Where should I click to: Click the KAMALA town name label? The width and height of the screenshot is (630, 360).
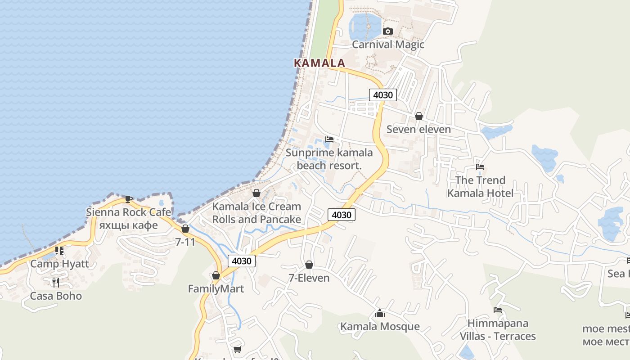pos(319,63)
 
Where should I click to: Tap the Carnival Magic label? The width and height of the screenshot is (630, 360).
pos(388,45)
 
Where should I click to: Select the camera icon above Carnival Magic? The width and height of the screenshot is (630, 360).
pos(387,31)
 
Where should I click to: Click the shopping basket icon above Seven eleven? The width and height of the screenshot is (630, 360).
pos(419,116)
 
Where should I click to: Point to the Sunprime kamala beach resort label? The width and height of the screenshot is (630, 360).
pos(329,159)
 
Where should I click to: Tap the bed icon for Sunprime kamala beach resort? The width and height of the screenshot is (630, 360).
pos(329,139)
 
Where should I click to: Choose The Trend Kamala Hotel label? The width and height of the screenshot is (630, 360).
pos(480,187)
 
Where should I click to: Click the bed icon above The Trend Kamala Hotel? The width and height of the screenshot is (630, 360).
pos(480,167)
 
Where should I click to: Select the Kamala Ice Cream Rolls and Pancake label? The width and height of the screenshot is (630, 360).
pos(256,213)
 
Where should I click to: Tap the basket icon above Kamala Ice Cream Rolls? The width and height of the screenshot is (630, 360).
pos(256,193)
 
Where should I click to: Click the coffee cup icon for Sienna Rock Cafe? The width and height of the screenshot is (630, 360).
pos(128,198)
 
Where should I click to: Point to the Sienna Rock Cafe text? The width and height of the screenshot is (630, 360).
pos(129,212)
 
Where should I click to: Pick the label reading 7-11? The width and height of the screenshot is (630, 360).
pos(185,242)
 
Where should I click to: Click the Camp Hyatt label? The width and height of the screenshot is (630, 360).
pos(59,264)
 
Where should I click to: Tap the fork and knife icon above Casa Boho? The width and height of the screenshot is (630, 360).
pos(56,282)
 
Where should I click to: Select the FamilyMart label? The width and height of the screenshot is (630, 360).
pos(216,289)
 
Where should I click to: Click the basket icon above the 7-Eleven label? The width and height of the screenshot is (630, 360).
pos(309,265)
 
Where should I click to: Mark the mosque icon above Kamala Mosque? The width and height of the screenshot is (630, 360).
pos(380,313)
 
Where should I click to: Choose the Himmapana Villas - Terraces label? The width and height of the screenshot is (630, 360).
pos(498,330)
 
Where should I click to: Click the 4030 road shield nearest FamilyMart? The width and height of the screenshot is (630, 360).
pos(242,261)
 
